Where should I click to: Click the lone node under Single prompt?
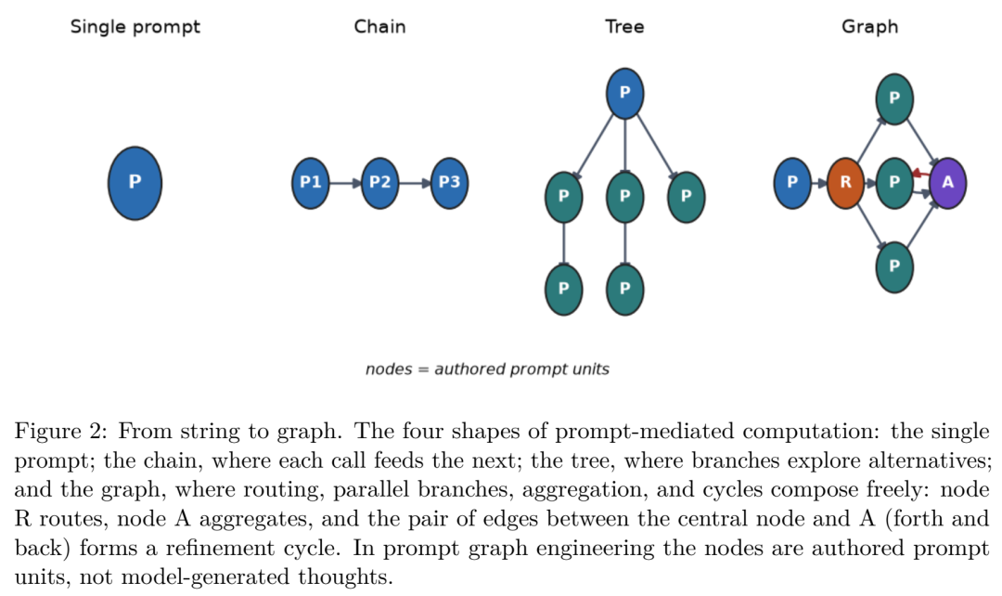tap(135, 183)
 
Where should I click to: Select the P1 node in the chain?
tap(311, 183)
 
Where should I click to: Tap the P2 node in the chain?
tap(379, 183)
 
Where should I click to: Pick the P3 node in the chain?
tap(449, 183)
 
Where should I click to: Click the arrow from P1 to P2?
tap(346, 184)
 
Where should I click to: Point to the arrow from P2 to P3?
tap(415, 184)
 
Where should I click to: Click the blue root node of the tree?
tap(625, 94)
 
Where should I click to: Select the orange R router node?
tap(845, 183)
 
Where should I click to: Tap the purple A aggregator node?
tap(947, 183)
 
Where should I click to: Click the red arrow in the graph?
tap(921, 174)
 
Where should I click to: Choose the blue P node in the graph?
tap(792, 183)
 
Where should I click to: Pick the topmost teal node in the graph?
tap(894, 99)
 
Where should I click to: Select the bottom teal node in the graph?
tap(894, 266)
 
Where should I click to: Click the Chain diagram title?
tap(379, 27)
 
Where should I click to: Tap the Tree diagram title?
tap(625, 27)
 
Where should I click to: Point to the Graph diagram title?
tap(869, 28)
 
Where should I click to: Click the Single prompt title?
tap(135, 28)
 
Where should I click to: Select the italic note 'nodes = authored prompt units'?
tap(487, 369)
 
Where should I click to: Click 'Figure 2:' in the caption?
tap(61, 432)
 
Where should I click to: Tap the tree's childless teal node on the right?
tap(687, 197)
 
